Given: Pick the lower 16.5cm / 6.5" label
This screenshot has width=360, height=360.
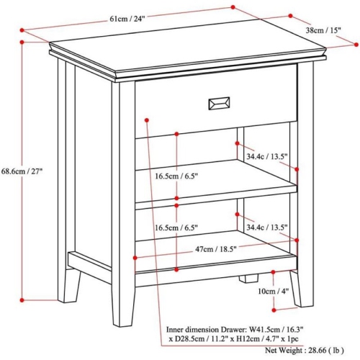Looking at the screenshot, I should click(177, 227).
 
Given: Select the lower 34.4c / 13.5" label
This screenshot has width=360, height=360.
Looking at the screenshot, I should click(266, 228).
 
